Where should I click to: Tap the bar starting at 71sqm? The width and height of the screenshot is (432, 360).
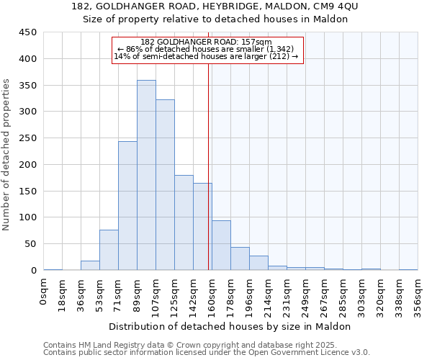pyautogui.click(x=127, y=206)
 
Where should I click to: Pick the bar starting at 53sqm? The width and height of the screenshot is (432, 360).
pyautogui.click(x=109, y=250)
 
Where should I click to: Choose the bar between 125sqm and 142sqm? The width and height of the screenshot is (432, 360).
pyautogui.click(x=184, y=222)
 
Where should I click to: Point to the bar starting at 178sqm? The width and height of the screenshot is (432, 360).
pyautogui.click(x=240, y=258)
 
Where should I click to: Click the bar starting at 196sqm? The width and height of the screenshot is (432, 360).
pyautogui.click(x=258, y=263)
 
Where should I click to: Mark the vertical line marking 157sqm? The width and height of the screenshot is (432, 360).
pyautogui.click(x=208, y=166)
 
